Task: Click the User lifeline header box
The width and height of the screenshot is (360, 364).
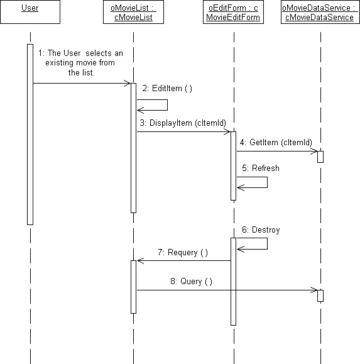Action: tap(30, 12)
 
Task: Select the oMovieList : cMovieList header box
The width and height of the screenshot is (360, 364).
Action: tap(133, 12)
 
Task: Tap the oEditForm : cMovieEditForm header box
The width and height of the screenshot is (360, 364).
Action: tap(233, 12)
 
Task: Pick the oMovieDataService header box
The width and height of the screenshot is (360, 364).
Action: tap(320, 12)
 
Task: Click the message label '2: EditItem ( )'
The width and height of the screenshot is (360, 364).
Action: tap(167, 89)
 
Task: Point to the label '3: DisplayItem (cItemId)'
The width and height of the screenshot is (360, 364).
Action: tap(183, 123)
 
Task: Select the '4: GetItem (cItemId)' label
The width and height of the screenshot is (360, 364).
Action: tap(276, 142)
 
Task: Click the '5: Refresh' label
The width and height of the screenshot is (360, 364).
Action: tap(261, 168)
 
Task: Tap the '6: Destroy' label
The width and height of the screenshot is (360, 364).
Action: tap(261, 230)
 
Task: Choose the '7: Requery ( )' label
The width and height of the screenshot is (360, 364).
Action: tap(183, 252)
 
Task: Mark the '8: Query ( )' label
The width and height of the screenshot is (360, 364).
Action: tap(192, 282)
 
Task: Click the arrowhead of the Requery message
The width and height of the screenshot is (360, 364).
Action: tap(141, 261)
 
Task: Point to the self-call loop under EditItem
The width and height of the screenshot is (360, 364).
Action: tap(167, 105)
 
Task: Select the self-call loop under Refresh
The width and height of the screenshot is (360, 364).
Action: tap(267, 182)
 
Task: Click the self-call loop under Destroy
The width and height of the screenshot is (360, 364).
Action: tap(267, 243)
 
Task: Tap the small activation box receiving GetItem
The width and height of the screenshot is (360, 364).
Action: tap(320, 157)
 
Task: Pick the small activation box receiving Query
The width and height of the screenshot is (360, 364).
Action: tap(320, 295)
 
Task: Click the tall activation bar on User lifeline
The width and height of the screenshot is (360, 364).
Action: tap(30, 135)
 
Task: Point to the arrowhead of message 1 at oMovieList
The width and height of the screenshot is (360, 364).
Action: tap(127, 83)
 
